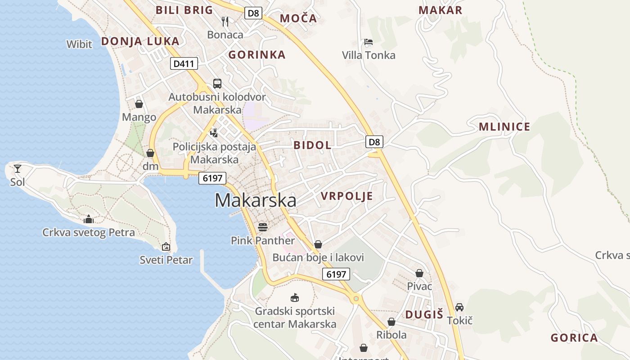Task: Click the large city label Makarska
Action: pos(255,200)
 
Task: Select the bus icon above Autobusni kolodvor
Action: pos(217,83)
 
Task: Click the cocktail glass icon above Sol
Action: pos(18,169)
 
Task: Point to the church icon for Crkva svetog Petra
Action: pos(89,219)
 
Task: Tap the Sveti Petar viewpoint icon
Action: pos(166,246)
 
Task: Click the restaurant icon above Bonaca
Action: pos(225,21)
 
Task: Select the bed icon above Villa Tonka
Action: pos(368,42)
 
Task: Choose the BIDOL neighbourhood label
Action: pos(312,145)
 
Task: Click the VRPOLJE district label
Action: pos(347,196)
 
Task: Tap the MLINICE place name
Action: pos(504,126)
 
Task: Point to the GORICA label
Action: pos(574,338)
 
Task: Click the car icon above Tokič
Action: pos(459,307)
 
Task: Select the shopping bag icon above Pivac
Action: pos(419,273)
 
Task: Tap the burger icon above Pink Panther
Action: pos(263,227)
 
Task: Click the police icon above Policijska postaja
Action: pos(214,133)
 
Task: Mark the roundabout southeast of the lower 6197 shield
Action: pos(356,298)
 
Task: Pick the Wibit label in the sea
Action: pos(79,44)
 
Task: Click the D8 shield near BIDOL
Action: pos(374,142)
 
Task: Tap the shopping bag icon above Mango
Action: pos(139,104)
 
